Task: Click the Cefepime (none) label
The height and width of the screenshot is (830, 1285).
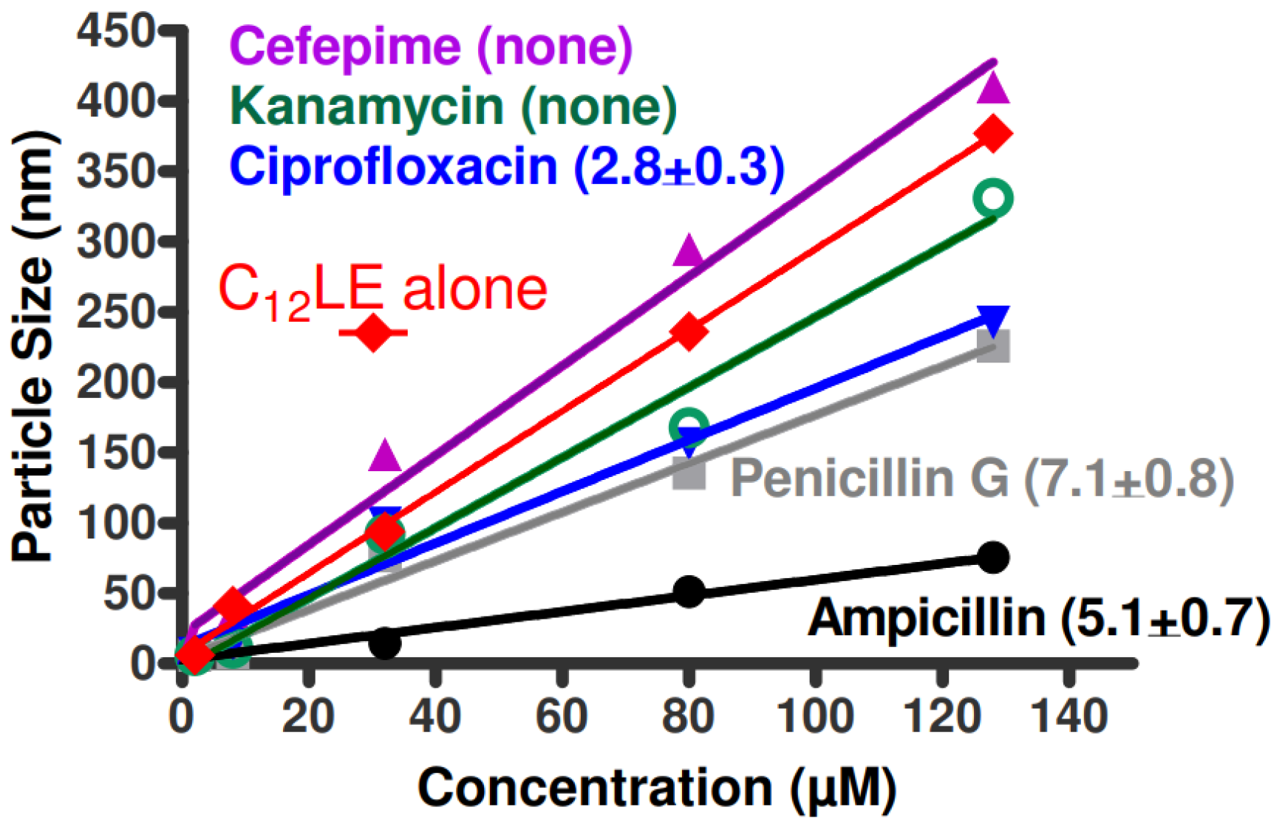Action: [432, 46]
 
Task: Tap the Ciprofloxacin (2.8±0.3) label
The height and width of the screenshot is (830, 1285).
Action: [506, 166]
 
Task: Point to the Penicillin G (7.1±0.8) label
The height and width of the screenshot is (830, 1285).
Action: [981, 478]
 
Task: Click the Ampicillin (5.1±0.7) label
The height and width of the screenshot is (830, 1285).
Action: [1038, 617]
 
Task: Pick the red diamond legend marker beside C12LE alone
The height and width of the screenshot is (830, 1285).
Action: [373, 333]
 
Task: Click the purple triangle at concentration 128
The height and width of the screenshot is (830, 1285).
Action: [993, 88]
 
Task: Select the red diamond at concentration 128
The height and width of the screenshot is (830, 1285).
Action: [993, 134]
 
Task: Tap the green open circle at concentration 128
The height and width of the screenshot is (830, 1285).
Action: [993, 198]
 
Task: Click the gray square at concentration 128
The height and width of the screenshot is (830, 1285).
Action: [993, 346]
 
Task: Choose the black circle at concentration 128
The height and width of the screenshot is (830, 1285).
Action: [993, 558]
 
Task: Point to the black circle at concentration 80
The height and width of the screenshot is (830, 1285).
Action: [689, 591]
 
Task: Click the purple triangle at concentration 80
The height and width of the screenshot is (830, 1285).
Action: [689, 252]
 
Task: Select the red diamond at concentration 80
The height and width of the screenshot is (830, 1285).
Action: [689, 332]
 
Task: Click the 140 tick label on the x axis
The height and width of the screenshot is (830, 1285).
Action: [1069, 716]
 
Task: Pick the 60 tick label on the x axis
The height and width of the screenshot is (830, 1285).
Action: [562, 716]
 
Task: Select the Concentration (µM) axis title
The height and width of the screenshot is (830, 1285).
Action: [657, 787]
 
